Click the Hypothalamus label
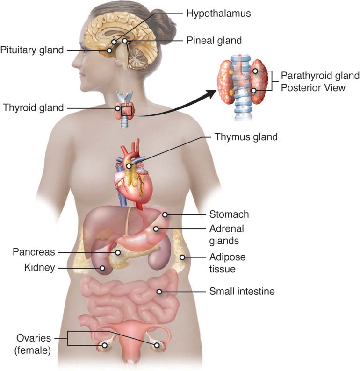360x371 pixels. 218,13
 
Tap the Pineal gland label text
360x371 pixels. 214,41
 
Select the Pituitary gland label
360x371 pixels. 32,50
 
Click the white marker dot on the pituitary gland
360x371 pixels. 109,50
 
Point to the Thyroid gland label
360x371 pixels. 33,107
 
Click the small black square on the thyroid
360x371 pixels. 126,110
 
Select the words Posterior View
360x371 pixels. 313,88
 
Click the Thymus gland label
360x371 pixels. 246,137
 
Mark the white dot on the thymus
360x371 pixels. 129,166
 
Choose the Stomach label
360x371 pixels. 229,214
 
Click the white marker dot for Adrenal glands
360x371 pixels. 156,229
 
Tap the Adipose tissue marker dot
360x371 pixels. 182,257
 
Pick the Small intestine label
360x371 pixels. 242,291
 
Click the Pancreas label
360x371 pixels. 34,252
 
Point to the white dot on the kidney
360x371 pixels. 102,268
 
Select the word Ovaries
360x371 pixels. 34,338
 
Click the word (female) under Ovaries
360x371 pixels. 33,350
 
